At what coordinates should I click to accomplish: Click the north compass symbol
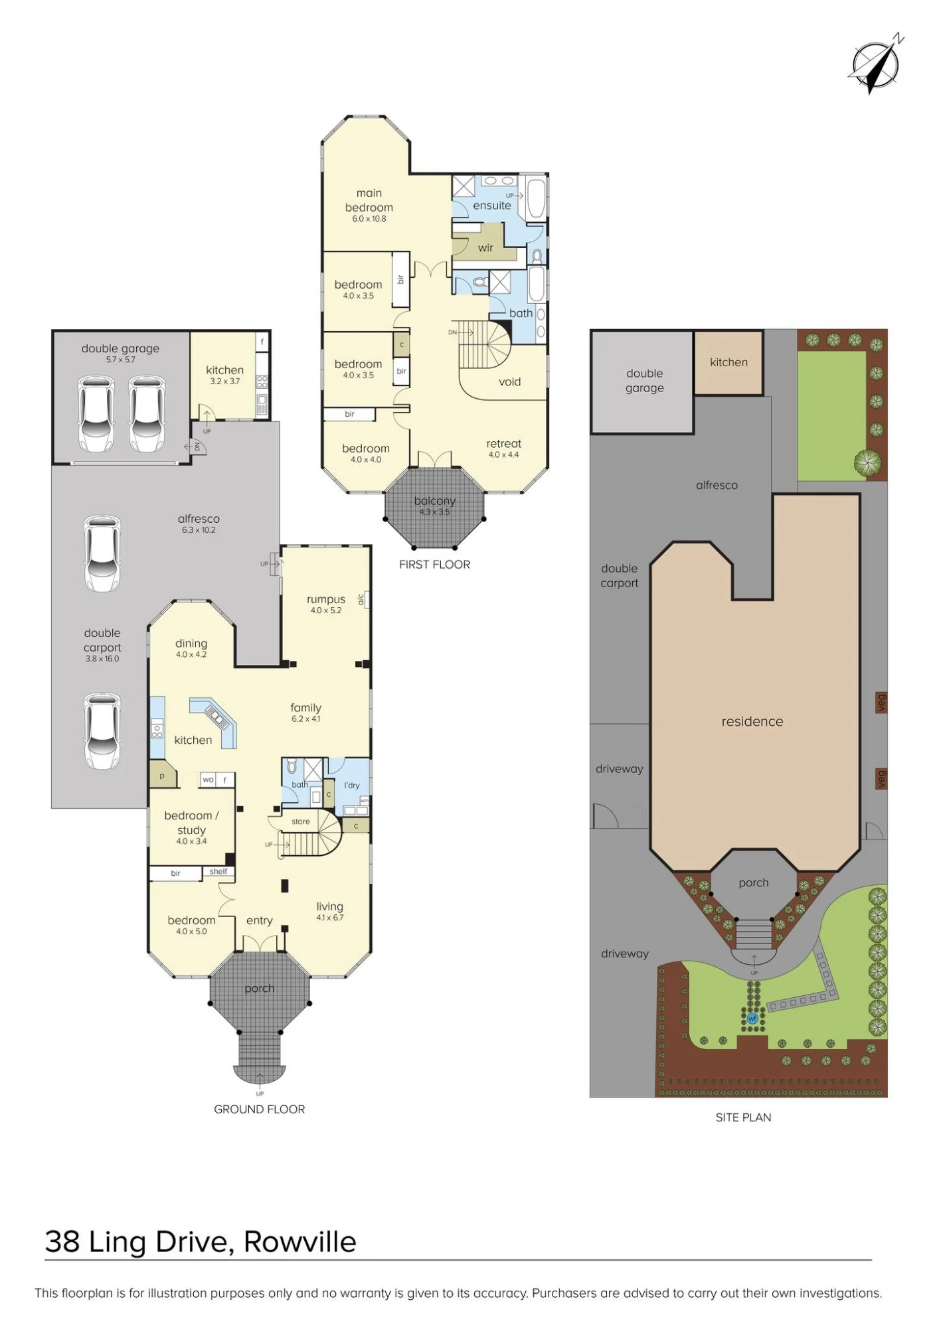(876, 64)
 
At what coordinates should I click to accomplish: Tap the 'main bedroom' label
(369, 200)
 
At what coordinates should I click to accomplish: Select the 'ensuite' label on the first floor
(492, 206)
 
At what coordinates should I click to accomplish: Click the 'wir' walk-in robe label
(485, 248)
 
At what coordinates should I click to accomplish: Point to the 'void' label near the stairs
(510, 382)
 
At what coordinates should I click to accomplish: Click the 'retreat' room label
(504, 444)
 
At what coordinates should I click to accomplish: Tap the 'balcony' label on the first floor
(435, 501)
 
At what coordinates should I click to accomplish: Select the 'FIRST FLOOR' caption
(434, 565)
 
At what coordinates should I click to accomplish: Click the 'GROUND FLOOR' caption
(260, 1109)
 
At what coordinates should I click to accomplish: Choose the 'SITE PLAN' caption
(744, 1117)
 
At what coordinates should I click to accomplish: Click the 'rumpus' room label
(326, 599)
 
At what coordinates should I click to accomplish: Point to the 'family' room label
(305, 708)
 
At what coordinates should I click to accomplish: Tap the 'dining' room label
(191, 644)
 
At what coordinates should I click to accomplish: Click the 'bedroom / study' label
(191, 823)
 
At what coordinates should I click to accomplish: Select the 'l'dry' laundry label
(352, 785)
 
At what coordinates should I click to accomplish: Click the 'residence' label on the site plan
(752, 721)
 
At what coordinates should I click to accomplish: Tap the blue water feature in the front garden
(752, 1018)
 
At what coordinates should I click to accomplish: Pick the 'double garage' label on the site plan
(645, 381)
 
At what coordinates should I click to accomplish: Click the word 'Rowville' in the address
(300, 1242)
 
